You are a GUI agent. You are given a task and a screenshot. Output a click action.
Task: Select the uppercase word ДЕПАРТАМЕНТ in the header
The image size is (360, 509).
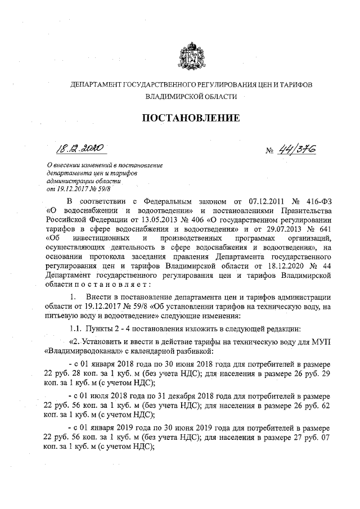pos(93,84)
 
